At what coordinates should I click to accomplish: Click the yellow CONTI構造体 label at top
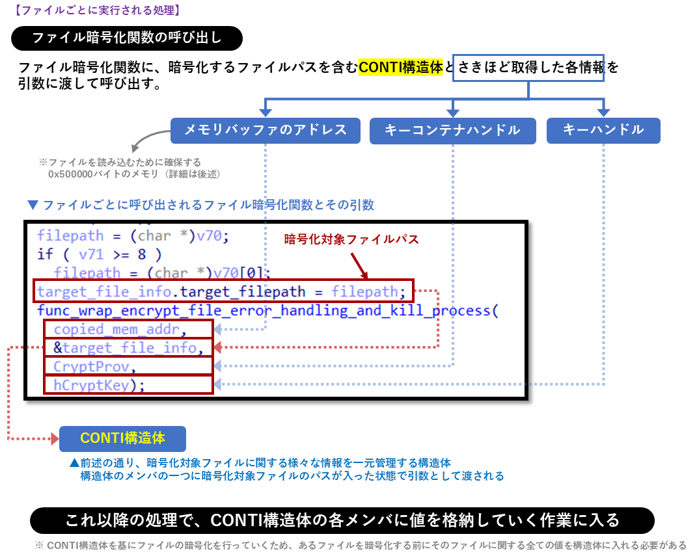(x=401, y=68)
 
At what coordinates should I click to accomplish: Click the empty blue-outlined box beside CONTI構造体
(x=528, y=68)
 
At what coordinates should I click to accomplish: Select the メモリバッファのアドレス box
(x=265, y=130)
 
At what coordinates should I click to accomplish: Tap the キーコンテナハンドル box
(x=452, y=130)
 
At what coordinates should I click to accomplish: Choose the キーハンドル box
(x=603, y=130)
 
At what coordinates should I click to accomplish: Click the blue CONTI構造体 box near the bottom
(x=122, y=438)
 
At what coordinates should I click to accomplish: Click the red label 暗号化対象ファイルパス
(x=351, y=239)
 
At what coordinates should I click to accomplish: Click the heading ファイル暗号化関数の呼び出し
(x=127, y=38)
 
